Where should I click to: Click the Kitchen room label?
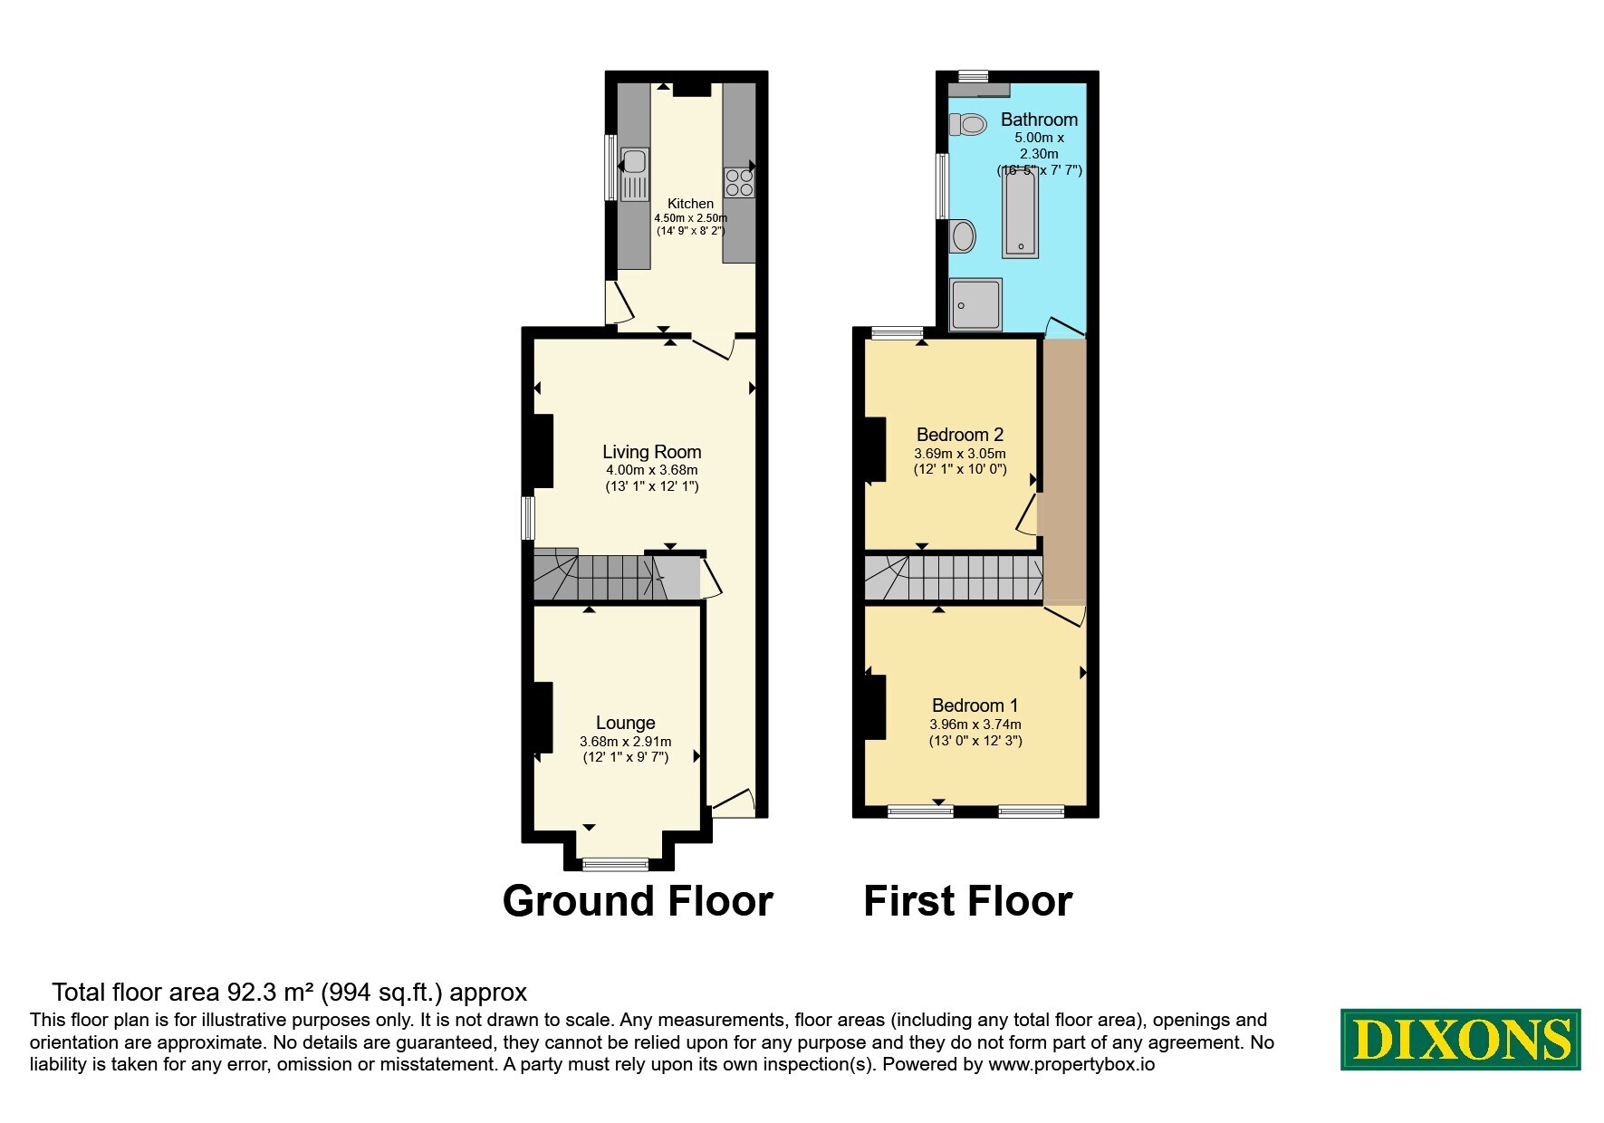click(690, 204)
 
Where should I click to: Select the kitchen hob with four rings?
click(739, 182)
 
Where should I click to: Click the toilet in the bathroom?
click(968, 124)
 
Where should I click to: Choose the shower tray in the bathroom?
click(976, 304)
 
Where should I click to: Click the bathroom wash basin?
click(962, 236)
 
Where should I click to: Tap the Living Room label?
click(652, 452)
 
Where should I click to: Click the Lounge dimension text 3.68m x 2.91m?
click(626, 742)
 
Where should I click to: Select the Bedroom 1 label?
click(975, 705)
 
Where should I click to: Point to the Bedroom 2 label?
click(960, 435)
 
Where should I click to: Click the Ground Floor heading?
click(638, 901)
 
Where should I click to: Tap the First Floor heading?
click(968, 901)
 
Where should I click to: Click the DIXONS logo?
click(1461, 1039)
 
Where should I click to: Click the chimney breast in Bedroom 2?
click(875, 449)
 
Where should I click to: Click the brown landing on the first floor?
click(1064, 471)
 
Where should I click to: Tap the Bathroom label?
click(1039, 120)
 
